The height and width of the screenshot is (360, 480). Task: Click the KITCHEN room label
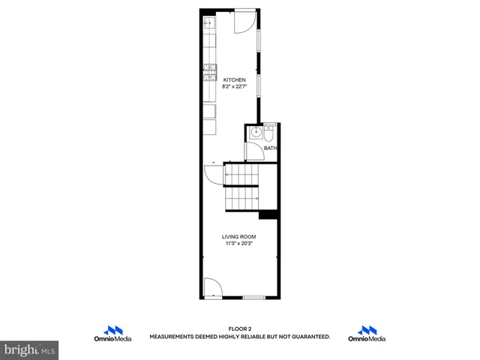pyautogui.click(x=235, y=79)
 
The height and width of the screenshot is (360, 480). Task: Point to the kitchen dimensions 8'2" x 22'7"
pyautogui.click(x=235, y=86)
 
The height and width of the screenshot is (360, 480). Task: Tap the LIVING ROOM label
pyautogui.click(x=238, y=236)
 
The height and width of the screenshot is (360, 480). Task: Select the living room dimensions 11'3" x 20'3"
pyautogui.click(x=238, y=243)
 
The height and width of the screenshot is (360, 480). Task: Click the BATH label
pyautogui.click(x=271, y=148)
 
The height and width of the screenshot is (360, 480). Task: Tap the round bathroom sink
pyautogui.click(x=256, y=132)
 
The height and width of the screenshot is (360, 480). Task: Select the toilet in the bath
pyautogui.click(x=270, y=132)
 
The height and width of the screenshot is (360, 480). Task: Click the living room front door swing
pyautogui.click(x=211, y=287)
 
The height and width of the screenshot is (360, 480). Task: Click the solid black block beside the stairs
pyautogui.click(x=268, y=215)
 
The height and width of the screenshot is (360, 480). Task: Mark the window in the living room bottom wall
pyautogui.click(x=253, y=298)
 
